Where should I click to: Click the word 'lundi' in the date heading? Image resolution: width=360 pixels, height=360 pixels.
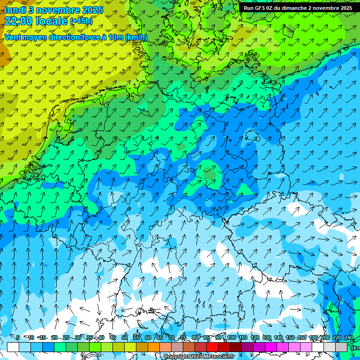tap(14, 9)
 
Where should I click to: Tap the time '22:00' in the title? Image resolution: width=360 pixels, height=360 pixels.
tap(18, 21)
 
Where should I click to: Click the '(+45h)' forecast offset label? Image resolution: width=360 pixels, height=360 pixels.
tap(81, 21)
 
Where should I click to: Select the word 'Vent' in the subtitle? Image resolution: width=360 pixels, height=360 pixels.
tap(13, 37)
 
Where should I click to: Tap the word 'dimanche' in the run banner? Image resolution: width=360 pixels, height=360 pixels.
tap(293, 8)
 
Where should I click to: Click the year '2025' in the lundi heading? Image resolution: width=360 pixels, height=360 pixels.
tap(92, 9)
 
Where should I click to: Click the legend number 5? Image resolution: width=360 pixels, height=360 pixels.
tap(17, 337)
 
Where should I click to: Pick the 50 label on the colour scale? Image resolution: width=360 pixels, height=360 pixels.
tap(124, 337)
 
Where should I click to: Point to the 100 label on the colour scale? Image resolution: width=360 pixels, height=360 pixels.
tap(232, 337)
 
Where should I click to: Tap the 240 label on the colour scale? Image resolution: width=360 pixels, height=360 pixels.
tap(349, 337)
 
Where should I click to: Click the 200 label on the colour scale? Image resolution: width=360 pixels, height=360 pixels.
tap(325, 337)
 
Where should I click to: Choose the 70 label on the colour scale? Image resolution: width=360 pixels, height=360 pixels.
tap(172, 337)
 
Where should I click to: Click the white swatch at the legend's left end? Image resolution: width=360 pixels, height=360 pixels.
tap(13, 347)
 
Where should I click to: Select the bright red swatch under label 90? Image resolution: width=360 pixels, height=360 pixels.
tap(212, 347)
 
